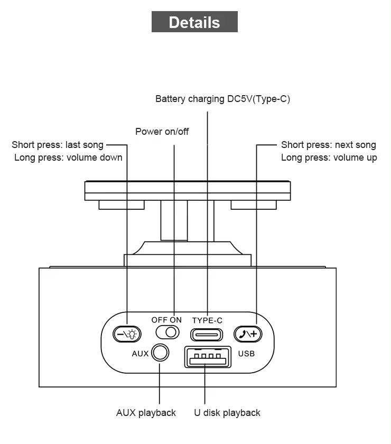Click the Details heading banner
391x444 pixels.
coord(194,22)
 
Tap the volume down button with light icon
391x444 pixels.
coord(127,334)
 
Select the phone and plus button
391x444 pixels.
coord(248,334)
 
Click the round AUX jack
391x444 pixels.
coord(160,353)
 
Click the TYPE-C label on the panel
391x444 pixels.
coord(207,320)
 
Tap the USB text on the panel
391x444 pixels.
coord(246,353)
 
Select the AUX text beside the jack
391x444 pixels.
coord(140,353)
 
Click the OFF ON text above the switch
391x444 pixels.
coord(166,320)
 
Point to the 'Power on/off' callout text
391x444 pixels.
coord(162,132)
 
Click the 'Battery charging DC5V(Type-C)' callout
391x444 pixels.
coord(222,99)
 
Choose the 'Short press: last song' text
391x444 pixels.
coord(58,145)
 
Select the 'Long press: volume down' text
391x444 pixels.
coord(68,158)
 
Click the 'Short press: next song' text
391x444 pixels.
coord(329,145)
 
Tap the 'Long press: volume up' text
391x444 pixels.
coord(329,158)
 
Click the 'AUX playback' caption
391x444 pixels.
coord(146,413)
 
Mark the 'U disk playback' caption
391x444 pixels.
coord(227,413)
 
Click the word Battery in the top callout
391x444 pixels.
coord(169,99)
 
